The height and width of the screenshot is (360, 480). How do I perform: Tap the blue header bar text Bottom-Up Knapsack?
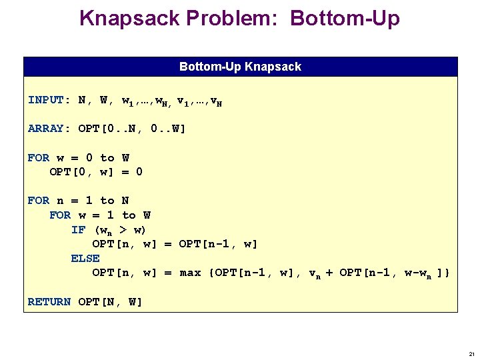(240, 67)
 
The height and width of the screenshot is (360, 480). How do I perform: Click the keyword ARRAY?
(46, 129)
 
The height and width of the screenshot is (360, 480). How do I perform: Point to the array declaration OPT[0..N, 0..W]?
(132, 129)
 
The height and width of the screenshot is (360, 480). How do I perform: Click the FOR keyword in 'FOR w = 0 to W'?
(39, 158)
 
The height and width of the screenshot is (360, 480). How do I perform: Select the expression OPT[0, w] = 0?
(96, 172)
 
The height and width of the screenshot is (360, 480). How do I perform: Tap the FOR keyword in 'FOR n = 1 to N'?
(39, 201)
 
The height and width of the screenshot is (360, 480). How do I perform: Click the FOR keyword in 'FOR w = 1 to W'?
(60, 215)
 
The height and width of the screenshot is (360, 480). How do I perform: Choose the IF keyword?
(78, 230)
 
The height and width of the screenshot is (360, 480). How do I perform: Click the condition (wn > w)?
(121, 230)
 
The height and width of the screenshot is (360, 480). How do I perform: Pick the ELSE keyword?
(85, 259)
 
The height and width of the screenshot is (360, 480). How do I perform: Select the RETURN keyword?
(49, 302)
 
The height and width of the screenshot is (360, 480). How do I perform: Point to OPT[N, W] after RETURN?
(110, 302)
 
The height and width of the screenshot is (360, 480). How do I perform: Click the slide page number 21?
(471, 353)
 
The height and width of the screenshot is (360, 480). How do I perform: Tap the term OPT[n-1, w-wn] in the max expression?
(391, 273)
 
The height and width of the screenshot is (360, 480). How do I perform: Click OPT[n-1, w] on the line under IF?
(218, 244)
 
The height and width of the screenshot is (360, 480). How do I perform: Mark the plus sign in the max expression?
(329, 273)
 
